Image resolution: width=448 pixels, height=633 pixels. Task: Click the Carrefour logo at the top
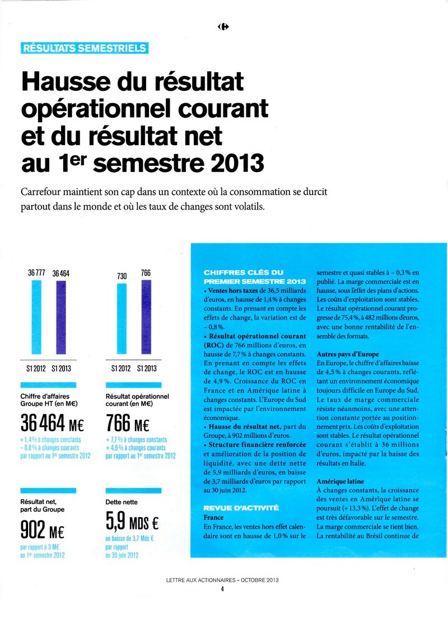point(224,26)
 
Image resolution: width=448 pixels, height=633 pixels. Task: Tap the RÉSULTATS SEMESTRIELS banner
point(84,48)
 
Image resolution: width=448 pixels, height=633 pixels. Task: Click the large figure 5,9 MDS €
point(132,523)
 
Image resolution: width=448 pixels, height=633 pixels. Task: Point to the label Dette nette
point(122,502)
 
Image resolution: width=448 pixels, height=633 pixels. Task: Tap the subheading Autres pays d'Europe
point(348,355)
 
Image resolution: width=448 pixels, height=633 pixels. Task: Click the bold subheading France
point(214,518)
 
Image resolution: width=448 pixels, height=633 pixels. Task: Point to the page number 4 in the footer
point(222,588)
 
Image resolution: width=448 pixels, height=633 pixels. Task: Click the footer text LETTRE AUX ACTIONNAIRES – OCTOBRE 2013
point(222,580)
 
